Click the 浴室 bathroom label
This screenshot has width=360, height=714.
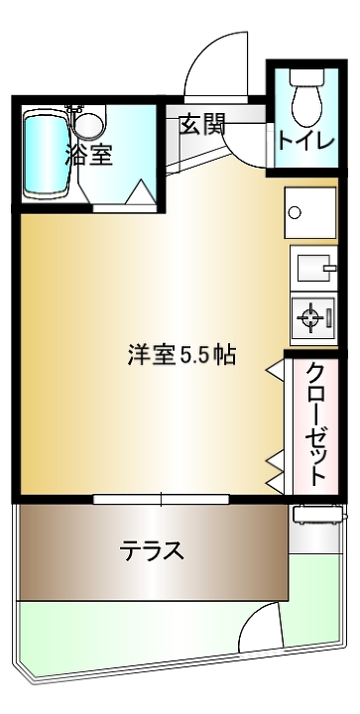[x=88, y=155]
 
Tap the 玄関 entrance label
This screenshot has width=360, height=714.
[x=202, y=124]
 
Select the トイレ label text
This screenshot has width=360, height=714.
[x=305, y=141]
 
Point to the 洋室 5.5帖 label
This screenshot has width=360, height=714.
[x=181, y=356]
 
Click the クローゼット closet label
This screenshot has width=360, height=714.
[x=315, y=423]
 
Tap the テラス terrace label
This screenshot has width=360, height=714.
[x=152, y=551]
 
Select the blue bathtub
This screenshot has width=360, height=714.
[x=46, y=154]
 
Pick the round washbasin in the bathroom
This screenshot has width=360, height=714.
[x=89, y=123]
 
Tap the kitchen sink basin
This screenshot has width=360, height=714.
[x=314, y=268]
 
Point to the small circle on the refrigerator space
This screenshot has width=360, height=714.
[x=296, y=212]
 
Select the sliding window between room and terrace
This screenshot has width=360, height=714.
[x=161, y=500]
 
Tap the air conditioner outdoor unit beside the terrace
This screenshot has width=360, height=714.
[x=318, y=515]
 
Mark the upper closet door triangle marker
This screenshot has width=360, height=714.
[x=276, y=368]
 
